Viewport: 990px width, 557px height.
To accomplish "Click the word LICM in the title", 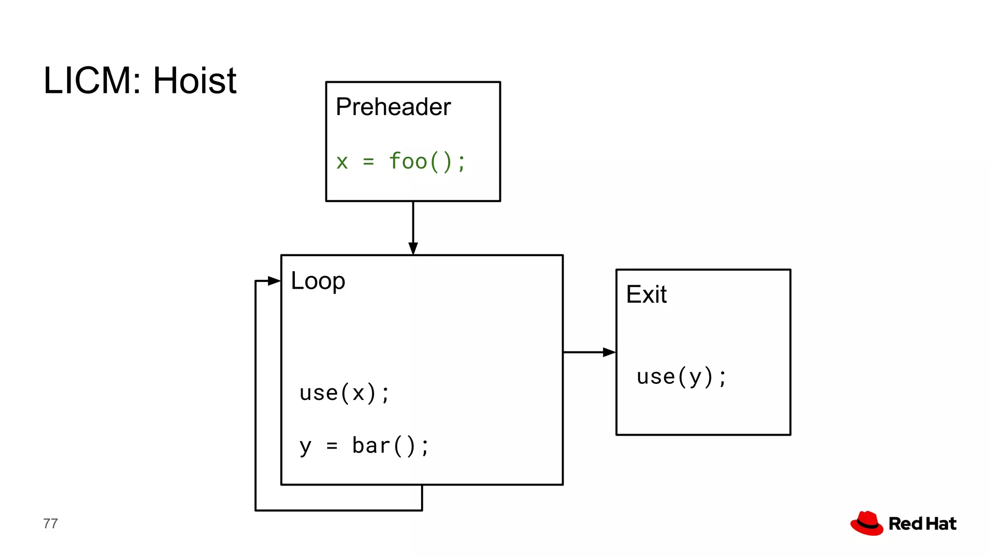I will click(87, 80).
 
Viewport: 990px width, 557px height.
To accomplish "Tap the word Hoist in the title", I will click(194, 80).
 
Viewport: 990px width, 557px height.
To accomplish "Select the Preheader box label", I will click(393, 107).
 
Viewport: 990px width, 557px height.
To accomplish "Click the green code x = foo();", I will click(401, 161).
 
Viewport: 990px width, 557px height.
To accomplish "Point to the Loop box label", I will click(318, 281).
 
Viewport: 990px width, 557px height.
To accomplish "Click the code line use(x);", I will click(344, 393).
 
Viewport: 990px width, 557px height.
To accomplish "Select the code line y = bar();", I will click(364, 446).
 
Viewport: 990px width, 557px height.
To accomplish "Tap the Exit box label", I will click(646, 294).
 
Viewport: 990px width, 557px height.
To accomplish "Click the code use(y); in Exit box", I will click(681, 377).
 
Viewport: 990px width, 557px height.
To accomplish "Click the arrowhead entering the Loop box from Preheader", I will click(413, 249).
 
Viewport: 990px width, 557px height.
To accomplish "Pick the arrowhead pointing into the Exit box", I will click(609, 352).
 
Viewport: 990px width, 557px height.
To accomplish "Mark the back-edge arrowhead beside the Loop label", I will click(274, 281).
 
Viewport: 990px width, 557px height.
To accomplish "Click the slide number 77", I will click(50, 524).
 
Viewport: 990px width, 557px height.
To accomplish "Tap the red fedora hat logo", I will click(867, 523).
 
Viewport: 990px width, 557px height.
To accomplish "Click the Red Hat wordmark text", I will click(922, 524).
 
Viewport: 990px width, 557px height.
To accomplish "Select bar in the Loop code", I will click(371, 446).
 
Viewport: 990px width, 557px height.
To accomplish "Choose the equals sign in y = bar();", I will click(332, 446).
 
